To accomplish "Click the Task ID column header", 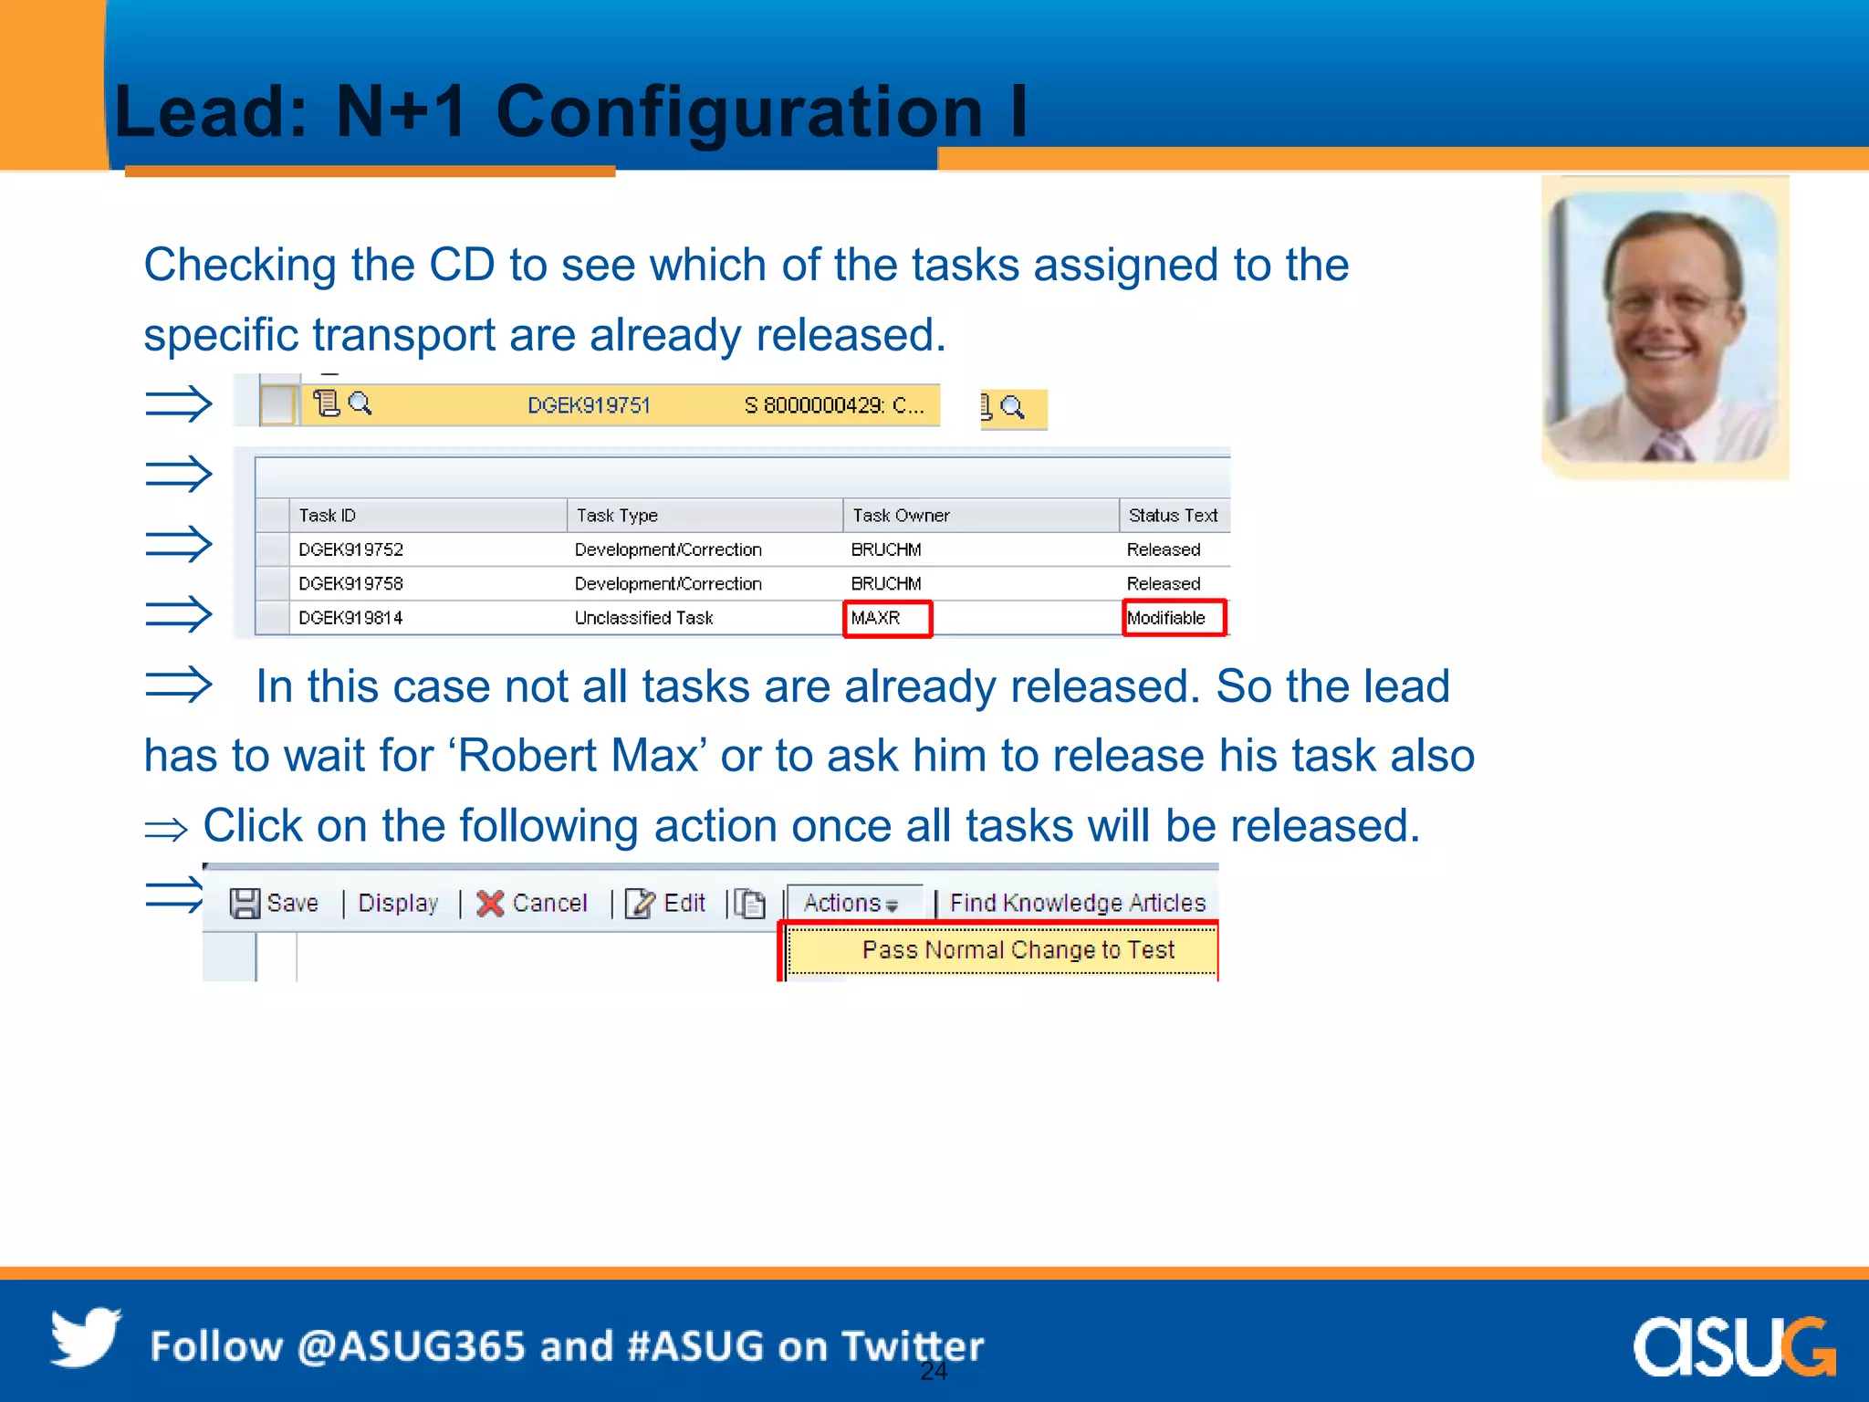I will coord(328,516).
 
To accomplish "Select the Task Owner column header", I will coord(901,516).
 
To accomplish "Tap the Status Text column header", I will coord(1173,516).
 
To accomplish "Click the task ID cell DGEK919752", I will coord(351,549).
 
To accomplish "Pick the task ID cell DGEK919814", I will coord(351,618).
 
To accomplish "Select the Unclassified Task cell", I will coord(643,618).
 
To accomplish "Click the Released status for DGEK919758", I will coord(1164,583).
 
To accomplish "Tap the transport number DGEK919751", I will coord(589,405).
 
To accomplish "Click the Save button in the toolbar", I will coord(275,903).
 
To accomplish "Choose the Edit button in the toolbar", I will coord(667,903).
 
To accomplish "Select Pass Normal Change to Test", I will coord(1018,950).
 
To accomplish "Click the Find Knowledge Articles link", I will coord(1078,903).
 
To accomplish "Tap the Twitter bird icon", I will coord(86,1338).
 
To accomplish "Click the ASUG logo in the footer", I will coord(1734,1346).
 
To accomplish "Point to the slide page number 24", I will coord(934,1371).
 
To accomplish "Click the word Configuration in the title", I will coord(739,111).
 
